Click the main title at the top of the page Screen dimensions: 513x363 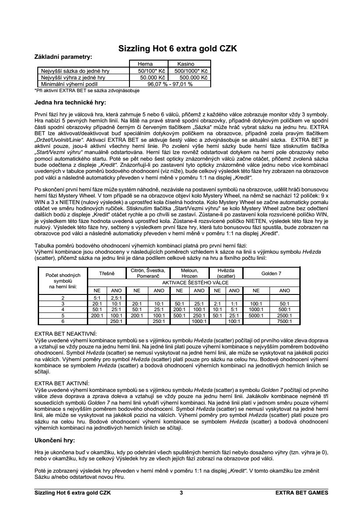[178, 49]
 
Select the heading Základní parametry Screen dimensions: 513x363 [63, 57]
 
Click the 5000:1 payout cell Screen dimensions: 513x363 [256, 315]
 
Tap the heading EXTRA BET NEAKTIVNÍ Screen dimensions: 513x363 [66, 334]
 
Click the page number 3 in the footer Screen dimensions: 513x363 [181, 493]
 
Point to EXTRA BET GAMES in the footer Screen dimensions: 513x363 [302, 493]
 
